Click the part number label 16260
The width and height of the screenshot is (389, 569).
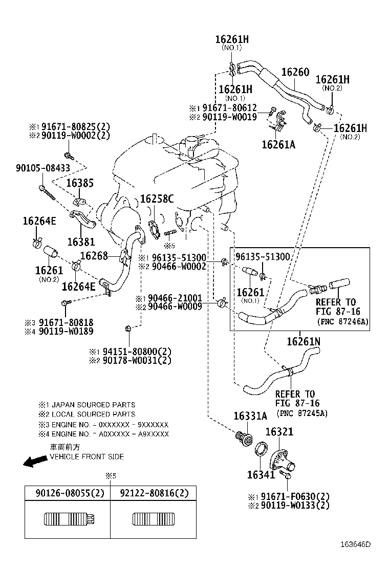click(x=294, y=72)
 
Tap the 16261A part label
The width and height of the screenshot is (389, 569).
click(x=278, y=145)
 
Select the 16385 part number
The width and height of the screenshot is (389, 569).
click(x=80, y=183)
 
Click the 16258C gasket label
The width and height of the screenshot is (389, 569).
click(x=157, y=199)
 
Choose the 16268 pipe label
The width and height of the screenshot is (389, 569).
click(x=94, y=255)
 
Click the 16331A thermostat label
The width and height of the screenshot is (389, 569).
click(x=250, y=416)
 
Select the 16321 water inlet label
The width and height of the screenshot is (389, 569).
click(x=279, y=432)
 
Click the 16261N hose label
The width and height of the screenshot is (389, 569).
click(x=304, y=341)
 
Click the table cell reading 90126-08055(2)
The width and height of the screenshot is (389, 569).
click(x=68, y=494)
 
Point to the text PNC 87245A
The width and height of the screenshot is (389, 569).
click(x=301, y=413)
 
